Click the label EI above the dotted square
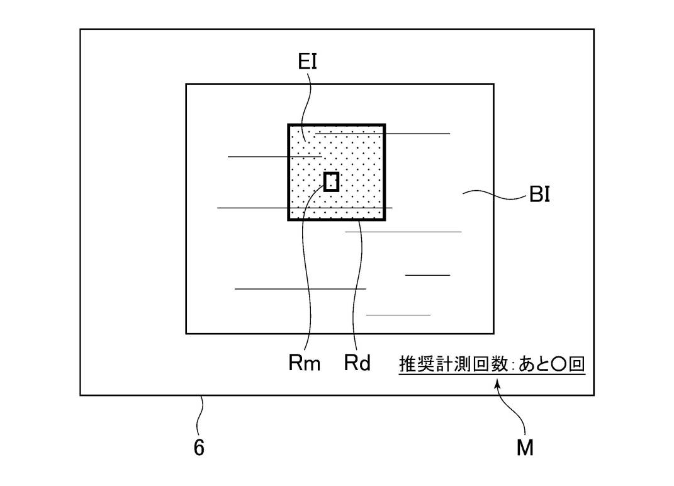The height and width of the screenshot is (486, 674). point(306,62)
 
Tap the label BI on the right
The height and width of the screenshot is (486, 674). point(539,195)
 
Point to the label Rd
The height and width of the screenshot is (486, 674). point(357,363)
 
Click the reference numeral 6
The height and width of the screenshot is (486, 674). point(199,448)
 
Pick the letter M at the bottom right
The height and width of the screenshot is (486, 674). point(525,448)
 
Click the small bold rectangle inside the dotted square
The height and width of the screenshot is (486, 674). point(332,181)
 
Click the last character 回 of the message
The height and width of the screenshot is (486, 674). point(577,364)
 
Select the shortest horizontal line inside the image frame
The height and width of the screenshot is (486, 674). point(427,274)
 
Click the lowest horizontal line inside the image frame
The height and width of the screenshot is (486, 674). point(398,315)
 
